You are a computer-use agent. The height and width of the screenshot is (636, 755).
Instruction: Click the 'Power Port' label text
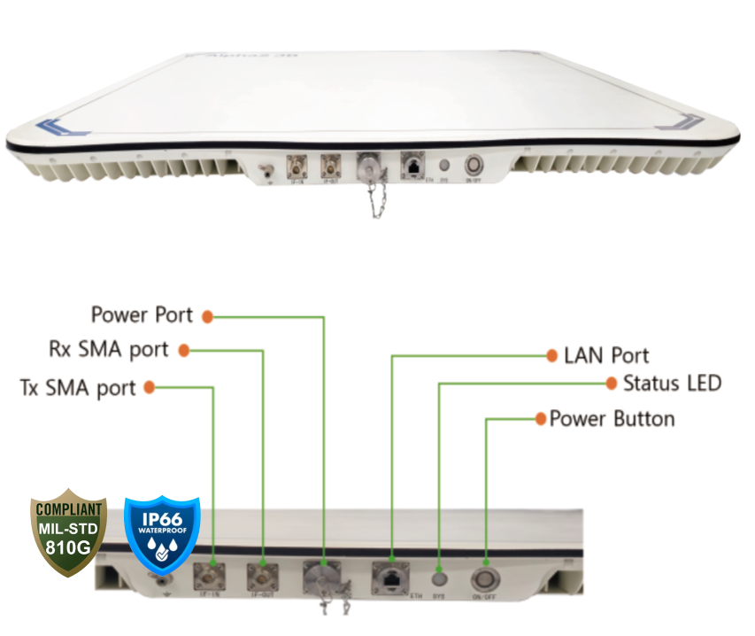[x=142, y=314]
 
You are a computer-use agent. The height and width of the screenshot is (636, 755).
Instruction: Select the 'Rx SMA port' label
[x=109, y=349]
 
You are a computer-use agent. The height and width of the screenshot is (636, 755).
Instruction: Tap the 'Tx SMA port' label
[x=78, y=388]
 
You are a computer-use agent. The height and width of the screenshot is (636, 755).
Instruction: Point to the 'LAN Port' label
[x=606, y=356]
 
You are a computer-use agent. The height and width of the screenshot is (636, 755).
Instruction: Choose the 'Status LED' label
[x=672, y=384]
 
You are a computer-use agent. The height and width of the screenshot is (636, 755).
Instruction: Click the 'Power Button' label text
[x=612, y=418]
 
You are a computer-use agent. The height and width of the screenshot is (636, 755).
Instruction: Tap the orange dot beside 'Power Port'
[x=208, y=315]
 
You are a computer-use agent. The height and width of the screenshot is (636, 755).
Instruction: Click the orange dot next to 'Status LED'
[x=610, y=384]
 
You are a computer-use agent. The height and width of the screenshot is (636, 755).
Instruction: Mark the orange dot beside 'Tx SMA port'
[x=150, y=387]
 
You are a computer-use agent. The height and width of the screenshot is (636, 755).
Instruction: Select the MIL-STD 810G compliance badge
[x=69, y=536]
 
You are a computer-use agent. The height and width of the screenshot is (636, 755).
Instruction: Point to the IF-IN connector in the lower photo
[x=212, y=578]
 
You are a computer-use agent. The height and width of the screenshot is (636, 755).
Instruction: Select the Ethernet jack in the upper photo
[x=411, y=165]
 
